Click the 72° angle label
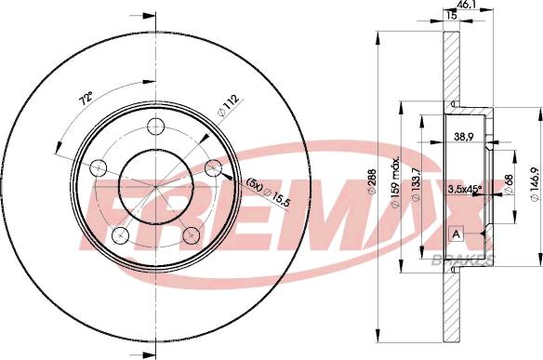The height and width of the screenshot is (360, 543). point(86,98)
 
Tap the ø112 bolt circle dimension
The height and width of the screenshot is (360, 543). point(228,105)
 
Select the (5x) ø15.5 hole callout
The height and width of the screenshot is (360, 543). point(268,193)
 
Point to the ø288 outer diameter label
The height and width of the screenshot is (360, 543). point(372,181)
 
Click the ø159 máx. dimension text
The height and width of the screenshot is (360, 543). point(395,182)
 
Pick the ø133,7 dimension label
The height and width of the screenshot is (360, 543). point(416,184)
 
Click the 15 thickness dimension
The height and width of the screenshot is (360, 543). point(452,15)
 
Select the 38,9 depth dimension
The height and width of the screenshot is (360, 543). point(464,137)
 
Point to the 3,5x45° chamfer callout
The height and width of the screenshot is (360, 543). point(465,189)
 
